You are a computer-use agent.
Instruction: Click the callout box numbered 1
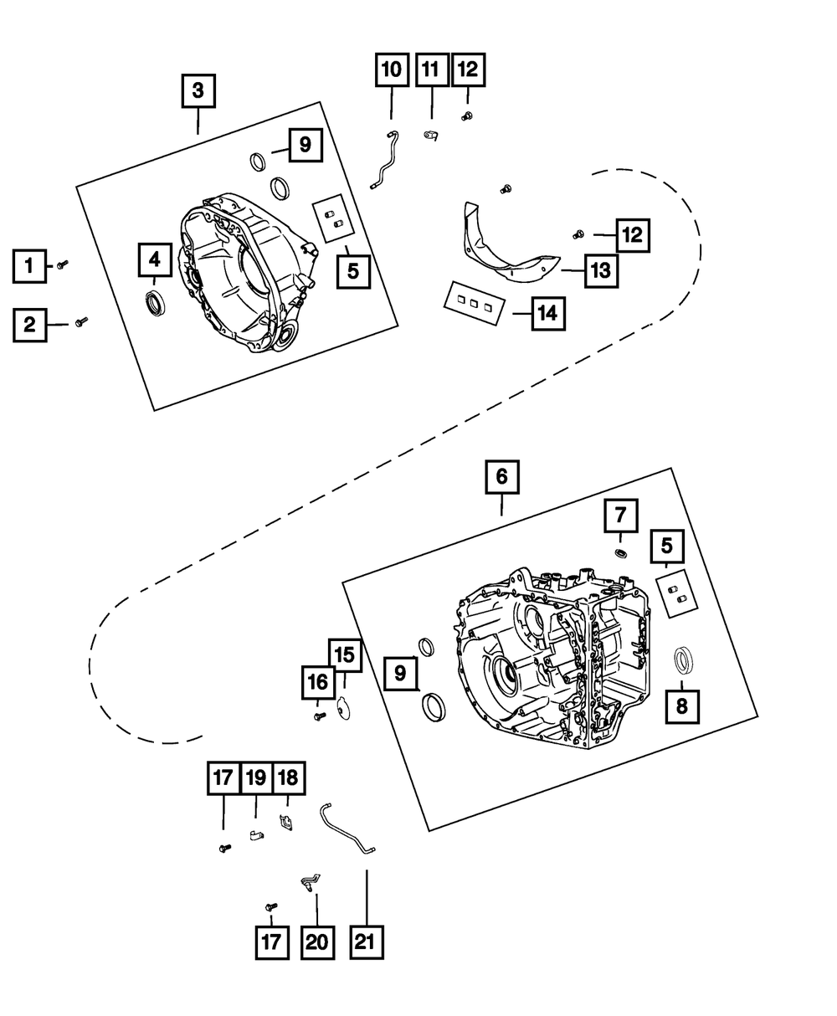click(x=29, y=267)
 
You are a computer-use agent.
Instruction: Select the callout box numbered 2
click(x=29, y=325)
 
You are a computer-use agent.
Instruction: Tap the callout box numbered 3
click(x=198, y=91)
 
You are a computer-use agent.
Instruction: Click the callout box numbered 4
click(x=155, y=260)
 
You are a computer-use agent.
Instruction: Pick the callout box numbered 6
click(x=501, y=477)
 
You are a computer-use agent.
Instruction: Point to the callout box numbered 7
click(x=620, y=515)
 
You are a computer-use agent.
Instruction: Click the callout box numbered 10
click(x=391, y=70)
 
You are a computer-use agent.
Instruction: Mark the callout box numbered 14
click(x=547, y=314)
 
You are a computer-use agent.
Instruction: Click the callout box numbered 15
click(x=346, y=654)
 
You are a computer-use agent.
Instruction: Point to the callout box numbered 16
click(x=318, y=683)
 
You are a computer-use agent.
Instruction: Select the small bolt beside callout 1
click(x=62, y=264)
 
